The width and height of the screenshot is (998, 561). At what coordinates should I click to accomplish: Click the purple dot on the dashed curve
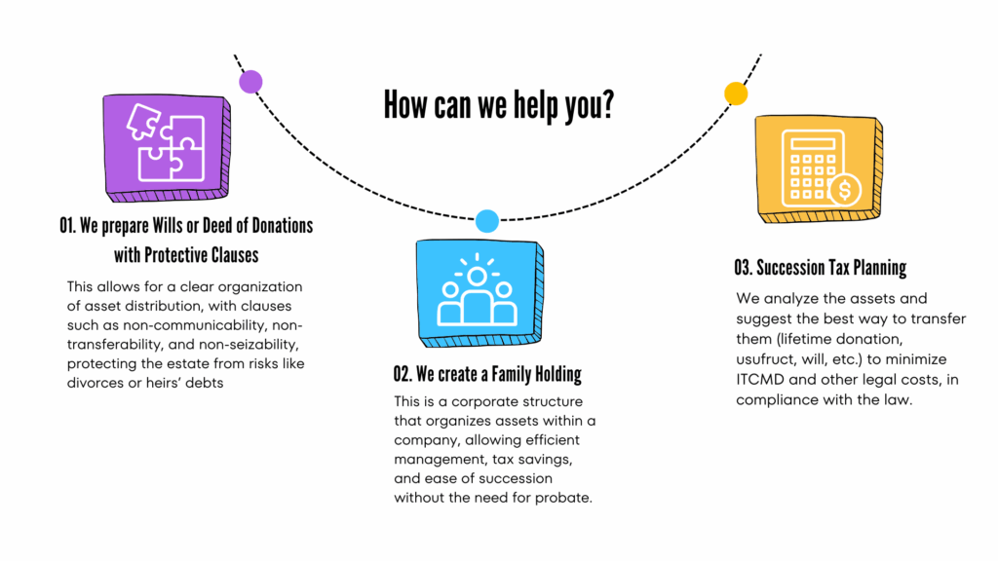[x=250, y=82]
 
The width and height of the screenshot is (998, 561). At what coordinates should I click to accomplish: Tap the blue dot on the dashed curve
[x=487, y=221]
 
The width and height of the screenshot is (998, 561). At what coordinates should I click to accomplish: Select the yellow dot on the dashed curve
[x=736, y=93]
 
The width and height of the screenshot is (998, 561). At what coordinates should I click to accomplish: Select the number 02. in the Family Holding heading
[x=405, y=375]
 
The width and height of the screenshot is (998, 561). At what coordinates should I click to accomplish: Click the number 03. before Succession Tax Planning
[x=747, y=266]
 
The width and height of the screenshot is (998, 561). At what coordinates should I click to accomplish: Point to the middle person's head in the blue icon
[x=477, y=276]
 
